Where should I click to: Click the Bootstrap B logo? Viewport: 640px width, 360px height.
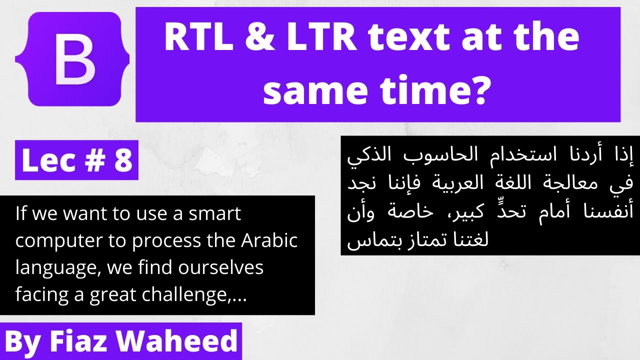coord(72,59)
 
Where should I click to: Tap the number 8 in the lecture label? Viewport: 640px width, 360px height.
coord(122,161)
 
